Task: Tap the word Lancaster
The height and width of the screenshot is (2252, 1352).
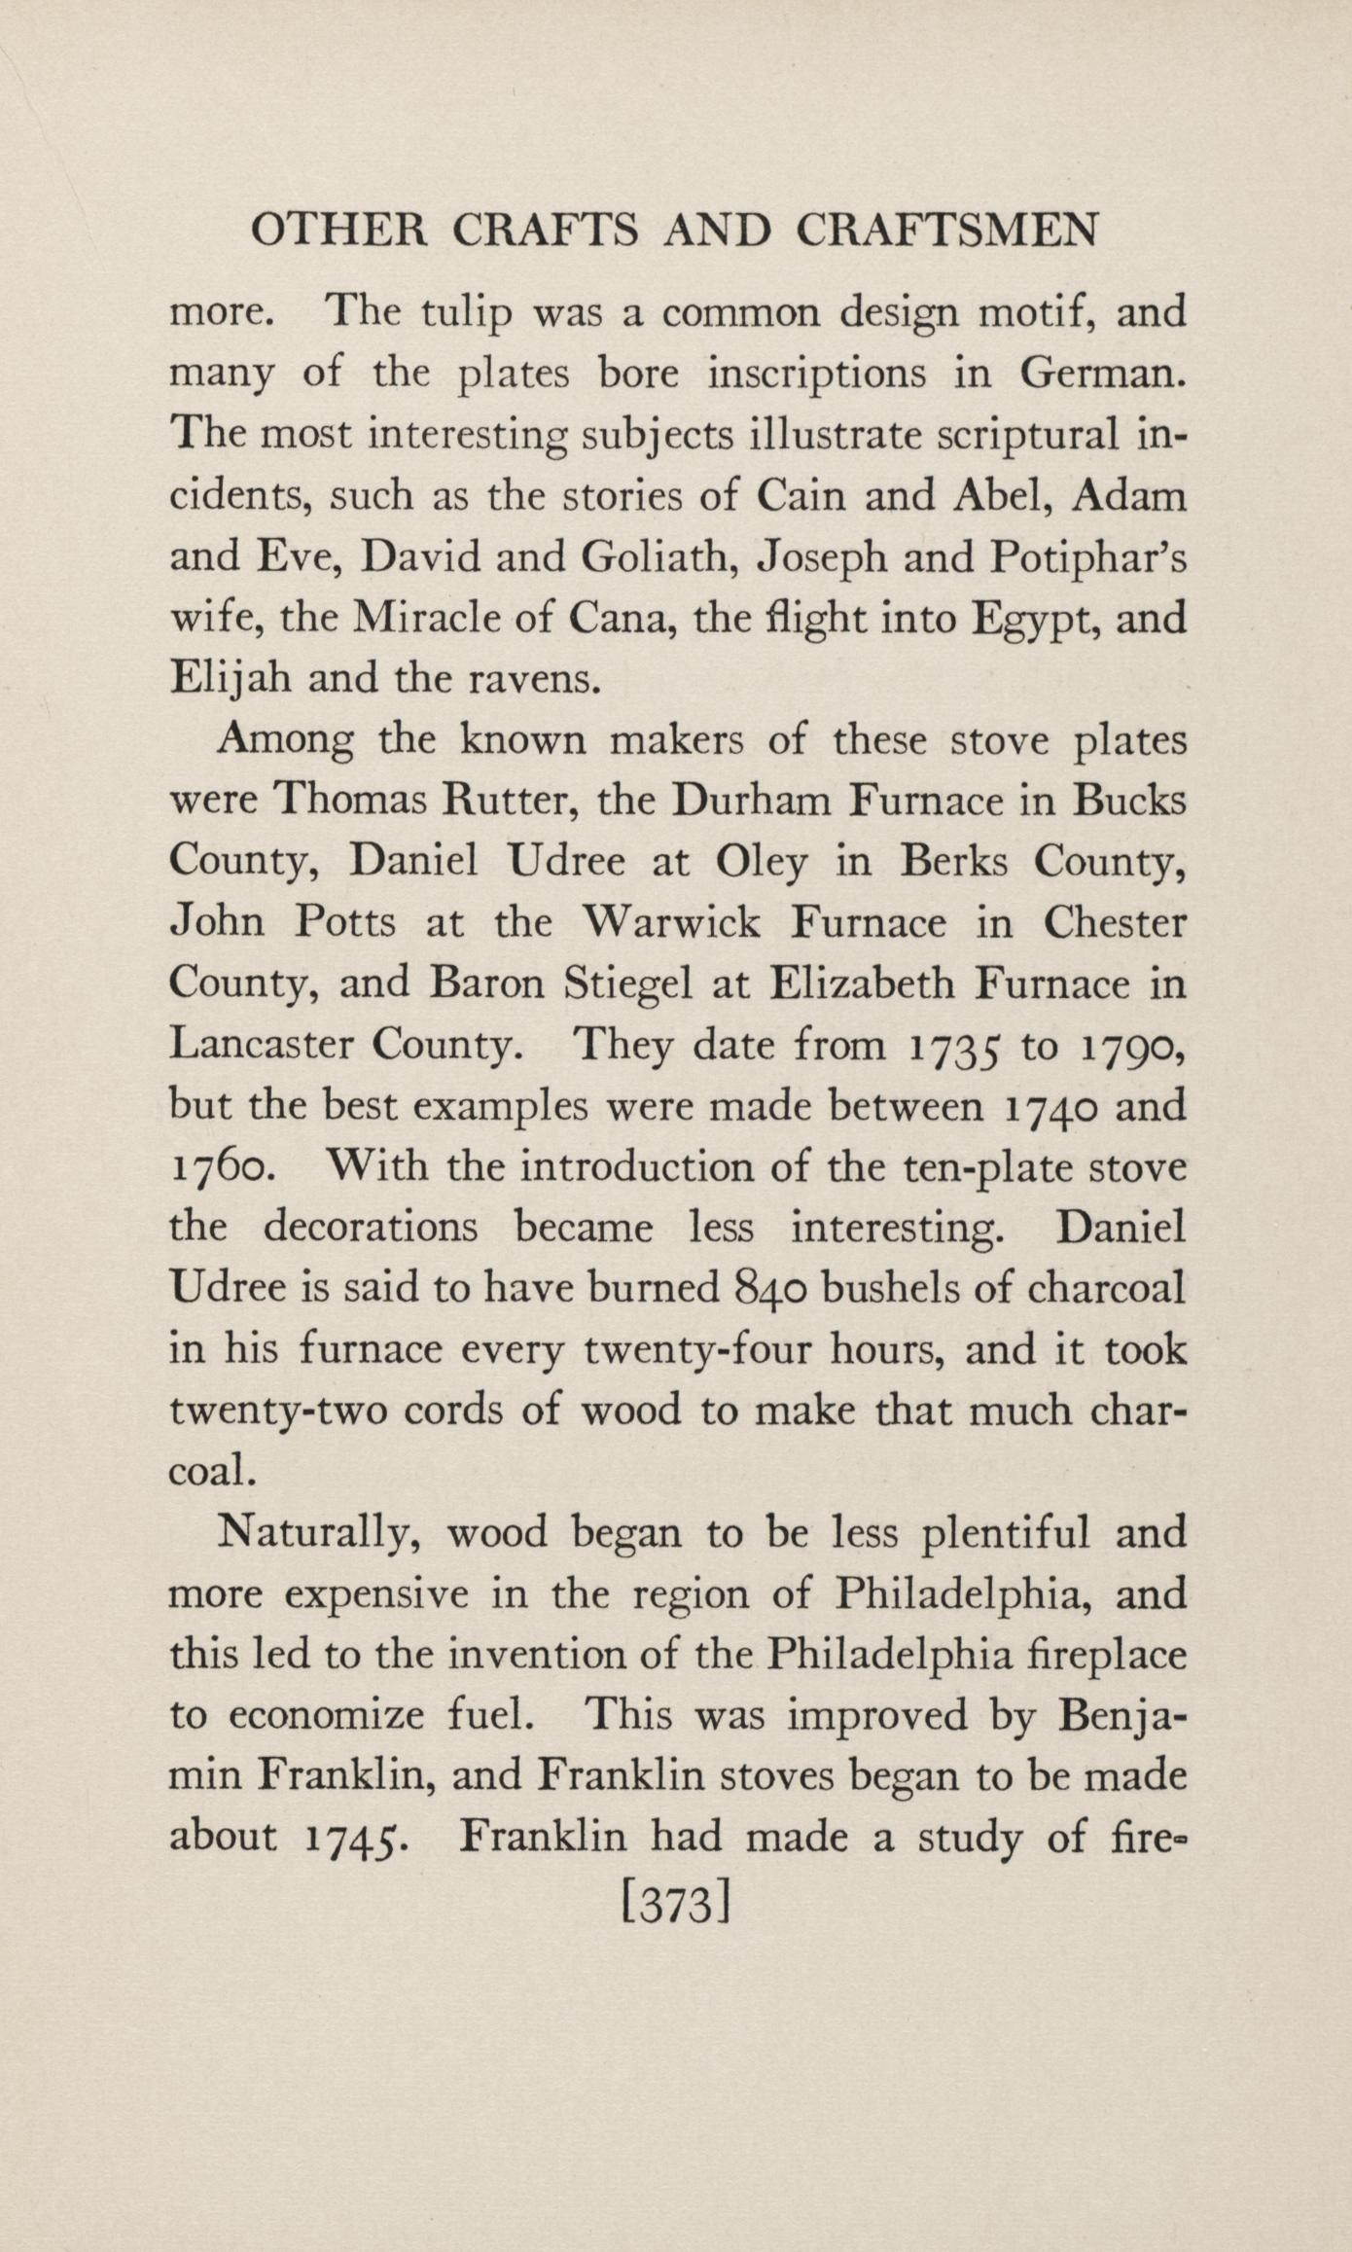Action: (x=260, y=1045)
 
